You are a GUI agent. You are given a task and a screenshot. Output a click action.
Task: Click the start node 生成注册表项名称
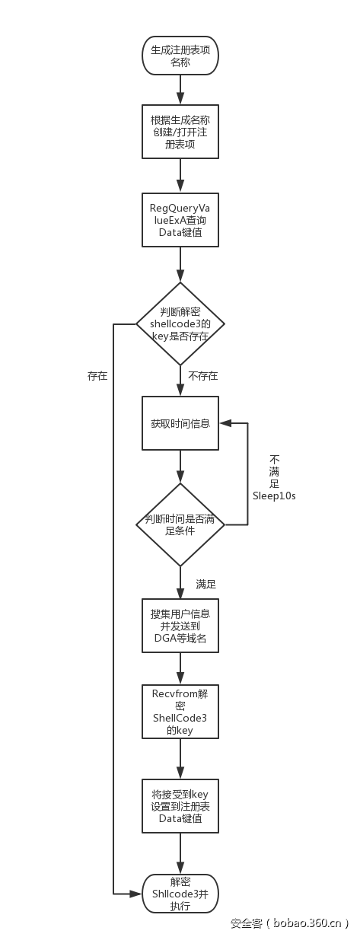click(180, 56)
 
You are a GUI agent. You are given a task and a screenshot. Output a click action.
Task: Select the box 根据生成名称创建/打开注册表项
click(180, 131)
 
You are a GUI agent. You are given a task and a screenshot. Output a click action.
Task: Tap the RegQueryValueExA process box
click(180, 220)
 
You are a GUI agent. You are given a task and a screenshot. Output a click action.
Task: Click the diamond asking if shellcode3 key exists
click(180, 324)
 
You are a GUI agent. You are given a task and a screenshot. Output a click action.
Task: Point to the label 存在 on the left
click(97, 376)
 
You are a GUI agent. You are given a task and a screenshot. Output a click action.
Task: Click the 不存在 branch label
click(202, 376)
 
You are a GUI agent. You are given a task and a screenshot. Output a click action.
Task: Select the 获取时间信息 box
click(180, 423)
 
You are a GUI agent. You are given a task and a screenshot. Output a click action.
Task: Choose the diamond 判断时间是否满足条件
click(180, 524)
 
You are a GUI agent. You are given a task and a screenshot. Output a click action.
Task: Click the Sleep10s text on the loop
click(274, 496)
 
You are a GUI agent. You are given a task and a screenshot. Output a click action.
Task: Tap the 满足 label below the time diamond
click(205, 585)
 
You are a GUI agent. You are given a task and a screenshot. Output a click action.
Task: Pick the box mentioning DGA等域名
click(180, 626)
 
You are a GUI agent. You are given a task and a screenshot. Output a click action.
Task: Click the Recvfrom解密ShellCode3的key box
click(180, 711)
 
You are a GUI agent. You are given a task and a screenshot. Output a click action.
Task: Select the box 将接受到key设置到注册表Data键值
click(180, 805)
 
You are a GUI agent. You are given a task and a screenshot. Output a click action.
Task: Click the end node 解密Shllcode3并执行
click(180, 893)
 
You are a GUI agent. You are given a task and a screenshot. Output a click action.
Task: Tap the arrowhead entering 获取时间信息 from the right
click(224, 423)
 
